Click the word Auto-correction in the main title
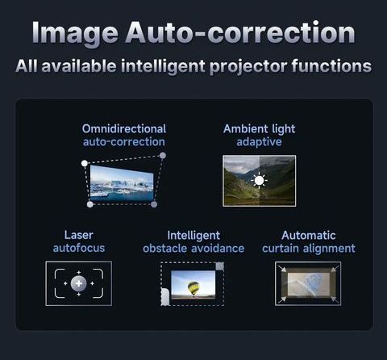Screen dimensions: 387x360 240,32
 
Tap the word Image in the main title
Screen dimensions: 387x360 75,35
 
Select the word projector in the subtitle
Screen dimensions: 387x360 248,66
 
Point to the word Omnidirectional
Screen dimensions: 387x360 124,128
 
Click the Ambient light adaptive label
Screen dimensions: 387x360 260,136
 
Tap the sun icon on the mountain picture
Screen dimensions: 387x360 259,181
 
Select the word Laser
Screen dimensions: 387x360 79,235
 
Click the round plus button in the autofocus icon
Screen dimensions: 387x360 79,283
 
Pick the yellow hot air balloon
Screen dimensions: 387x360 193,288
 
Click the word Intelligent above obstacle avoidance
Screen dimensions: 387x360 193,236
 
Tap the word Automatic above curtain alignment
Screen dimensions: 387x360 309,236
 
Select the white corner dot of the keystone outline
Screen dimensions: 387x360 85,163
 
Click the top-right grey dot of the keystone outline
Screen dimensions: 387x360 163,156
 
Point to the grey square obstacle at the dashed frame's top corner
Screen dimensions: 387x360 220,266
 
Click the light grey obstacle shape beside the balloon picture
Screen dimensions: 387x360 164,297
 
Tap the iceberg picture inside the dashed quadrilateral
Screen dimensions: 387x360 122,183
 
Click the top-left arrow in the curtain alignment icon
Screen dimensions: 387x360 282,269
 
